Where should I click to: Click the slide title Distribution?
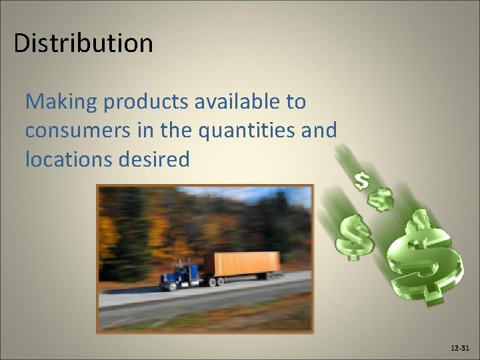[x=83, y=43]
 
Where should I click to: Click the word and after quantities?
[x=319, y=131]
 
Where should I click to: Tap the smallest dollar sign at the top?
[x=362, y=180]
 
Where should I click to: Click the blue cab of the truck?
[x=179, y=274]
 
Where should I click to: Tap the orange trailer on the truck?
[x=241, y=264]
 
